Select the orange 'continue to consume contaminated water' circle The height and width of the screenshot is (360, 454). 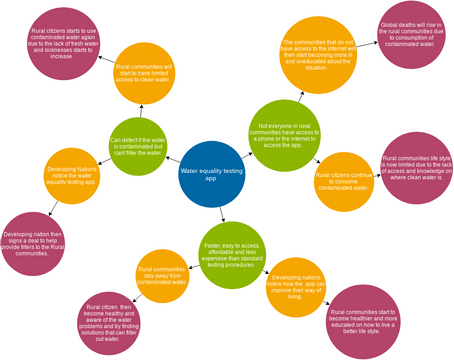[344, 181]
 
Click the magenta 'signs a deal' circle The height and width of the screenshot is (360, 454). [41, 236]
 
